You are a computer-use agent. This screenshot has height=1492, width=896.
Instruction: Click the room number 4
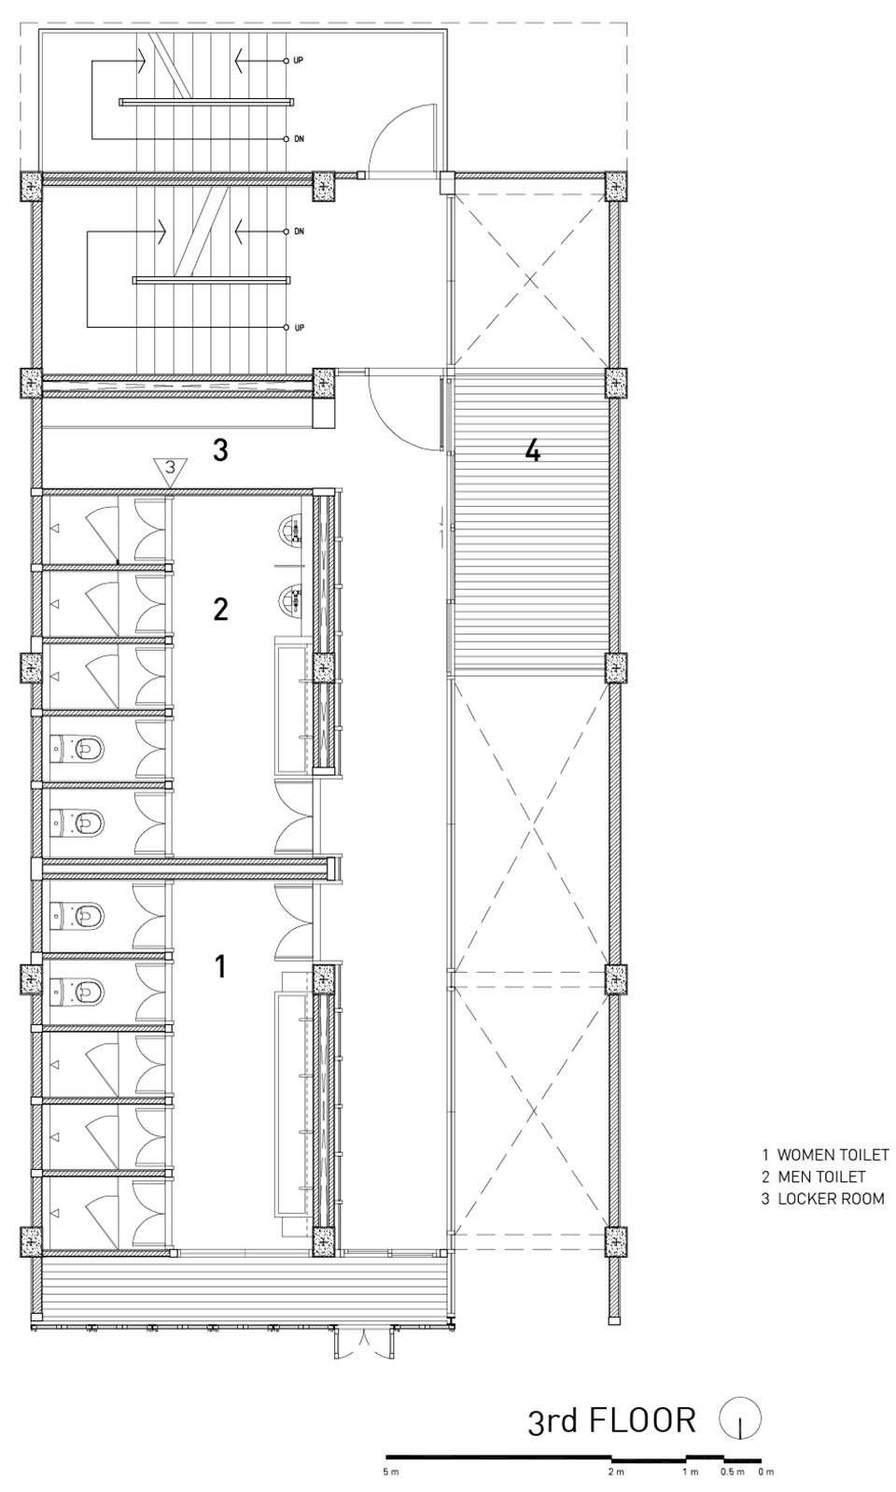pos(533,452)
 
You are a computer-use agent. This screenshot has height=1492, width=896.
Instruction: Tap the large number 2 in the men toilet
pos(220,610)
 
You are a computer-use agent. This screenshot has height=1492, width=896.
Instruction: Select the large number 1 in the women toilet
pos(220,965)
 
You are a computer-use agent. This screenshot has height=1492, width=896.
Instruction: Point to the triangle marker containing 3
pos(170,470)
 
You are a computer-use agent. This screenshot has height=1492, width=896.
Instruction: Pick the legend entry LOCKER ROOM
pos(831,1199)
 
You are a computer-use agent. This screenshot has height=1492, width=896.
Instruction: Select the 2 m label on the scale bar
pos(616,1471)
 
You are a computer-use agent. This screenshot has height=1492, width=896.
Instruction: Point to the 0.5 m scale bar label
pos(732,1471)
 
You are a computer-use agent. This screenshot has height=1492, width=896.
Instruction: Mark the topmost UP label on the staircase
pos(299,61)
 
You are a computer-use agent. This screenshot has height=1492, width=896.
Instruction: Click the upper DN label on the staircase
pos(299,139)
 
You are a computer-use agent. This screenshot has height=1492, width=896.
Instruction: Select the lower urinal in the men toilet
pos(291,598)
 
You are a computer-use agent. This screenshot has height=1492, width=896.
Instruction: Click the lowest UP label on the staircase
pos(299,328)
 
